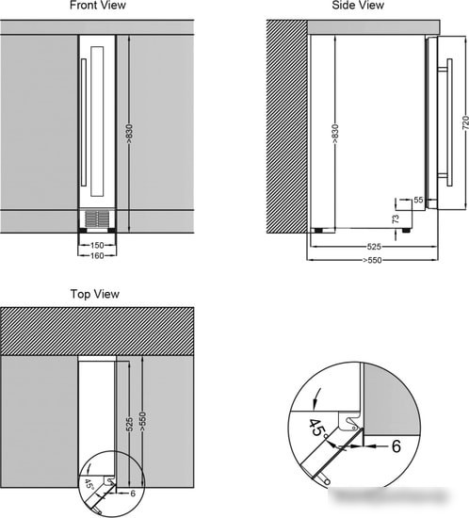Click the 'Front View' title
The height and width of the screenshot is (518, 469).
click(x=98, y=6)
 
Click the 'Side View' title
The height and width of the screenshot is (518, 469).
click(x=358, y=6)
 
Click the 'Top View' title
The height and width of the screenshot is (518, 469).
click(x=95, y=294)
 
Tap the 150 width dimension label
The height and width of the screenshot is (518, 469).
click(x=97, y=246)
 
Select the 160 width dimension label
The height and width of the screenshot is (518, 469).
click(x=97, y=255)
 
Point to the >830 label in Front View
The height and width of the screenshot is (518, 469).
click(x=129, y=134)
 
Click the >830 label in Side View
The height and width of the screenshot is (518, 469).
click(x=334, y=134)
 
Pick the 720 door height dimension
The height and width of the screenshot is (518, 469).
click(x=465, y=122)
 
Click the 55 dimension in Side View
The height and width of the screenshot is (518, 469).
click(x=418, y=200)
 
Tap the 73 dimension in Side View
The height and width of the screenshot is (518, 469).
click(x=396, y=219)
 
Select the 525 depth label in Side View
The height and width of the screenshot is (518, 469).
click(x=374, y=247)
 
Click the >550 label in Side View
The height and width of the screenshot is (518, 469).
click(x=372, y=260)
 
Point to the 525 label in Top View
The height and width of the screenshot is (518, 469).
click(x=130, y=424)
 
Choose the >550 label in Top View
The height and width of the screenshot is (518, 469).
click(x=142, y=421)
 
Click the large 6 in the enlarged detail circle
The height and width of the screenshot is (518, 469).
click(x=396, y=446)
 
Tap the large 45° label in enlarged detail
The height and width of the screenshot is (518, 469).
click(x=317, y=429)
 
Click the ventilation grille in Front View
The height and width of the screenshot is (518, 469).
click(x=97, y=219)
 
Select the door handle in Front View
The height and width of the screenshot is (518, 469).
click(x=84, y=122)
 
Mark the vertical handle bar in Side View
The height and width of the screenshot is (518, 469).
click(x=449, y=122)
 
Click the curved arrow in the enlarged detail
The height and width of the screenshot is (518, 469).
click(x=315, y=398)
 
